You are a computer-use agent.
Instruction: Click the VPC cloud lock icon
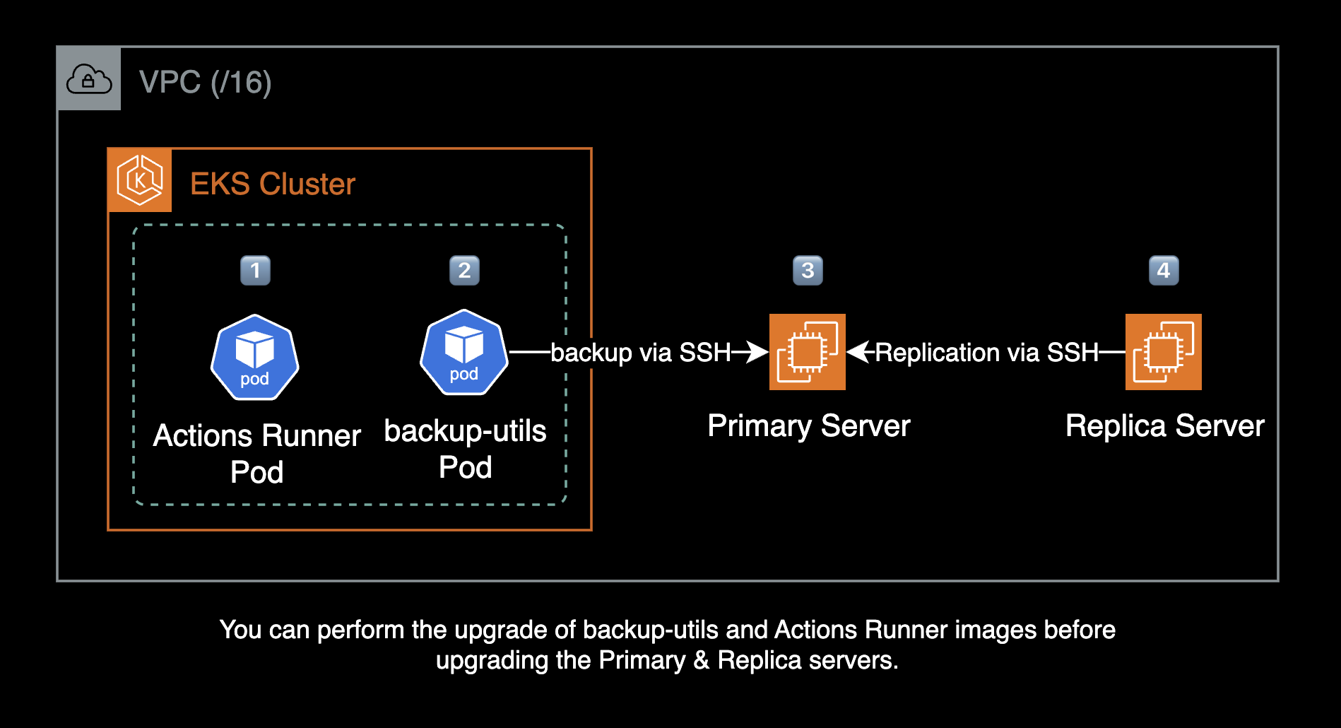88,79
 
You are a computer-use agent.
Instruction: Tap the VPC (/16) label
205,82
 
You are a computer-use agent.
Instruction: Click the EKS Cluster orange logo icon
140,180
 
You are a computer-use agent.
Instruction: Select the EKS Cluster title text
272,184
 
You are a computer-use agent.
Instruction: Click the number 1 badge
255,270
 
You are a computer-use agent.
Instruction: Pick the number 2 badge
464,270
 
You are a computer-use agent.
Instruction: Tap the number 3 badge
808,270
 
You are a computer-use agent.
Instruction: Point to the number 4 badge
1164,270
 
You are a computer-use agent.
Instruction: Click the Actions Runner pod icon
255,357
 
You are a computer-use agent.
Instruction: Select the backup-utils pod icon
464,352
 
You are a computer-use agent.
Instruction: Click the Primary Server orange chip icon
808,352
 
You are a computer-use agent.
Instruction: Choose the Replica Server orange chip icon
1164,352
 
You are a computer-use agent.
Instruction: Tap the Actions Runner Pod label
256,453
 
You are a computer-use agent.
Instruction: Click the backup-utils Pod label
465,449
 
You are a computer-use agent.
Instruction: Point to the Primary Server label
809,426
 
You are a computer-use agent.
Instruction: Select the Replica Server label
1165,426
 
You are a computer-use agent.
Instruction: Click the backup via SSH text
640,352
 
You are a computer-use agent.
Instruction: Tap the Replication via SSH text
986,352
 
